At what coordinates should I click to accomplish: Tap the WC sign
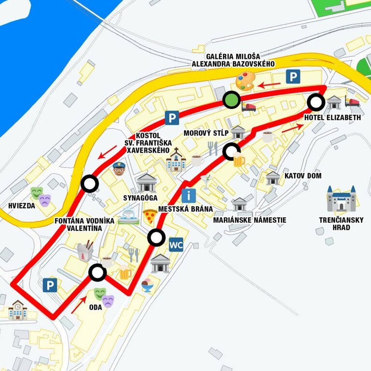176,244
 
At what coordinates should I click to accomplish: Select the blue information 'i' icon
189,195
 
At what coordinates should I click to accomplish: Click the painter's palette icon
244,82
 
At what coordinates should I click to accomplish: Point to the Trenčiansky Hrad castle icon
341,198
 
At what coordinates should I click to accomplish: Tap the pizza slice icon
150,215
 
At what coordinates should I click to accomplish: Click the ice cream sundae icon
148,285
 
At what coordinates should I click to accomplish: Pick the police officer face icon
118,169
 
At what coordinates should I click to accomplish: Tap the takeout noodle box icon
85,251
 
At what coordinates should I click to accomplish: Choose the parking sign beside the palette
293,76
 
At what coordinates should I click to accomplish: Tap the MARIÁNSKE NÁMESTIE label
250,220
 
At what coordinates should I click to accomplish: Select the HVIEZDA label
22,205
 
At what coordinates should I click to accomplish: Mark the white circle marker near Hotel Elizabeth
316,102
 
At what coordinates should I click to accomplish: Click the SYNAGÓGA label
141,198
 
